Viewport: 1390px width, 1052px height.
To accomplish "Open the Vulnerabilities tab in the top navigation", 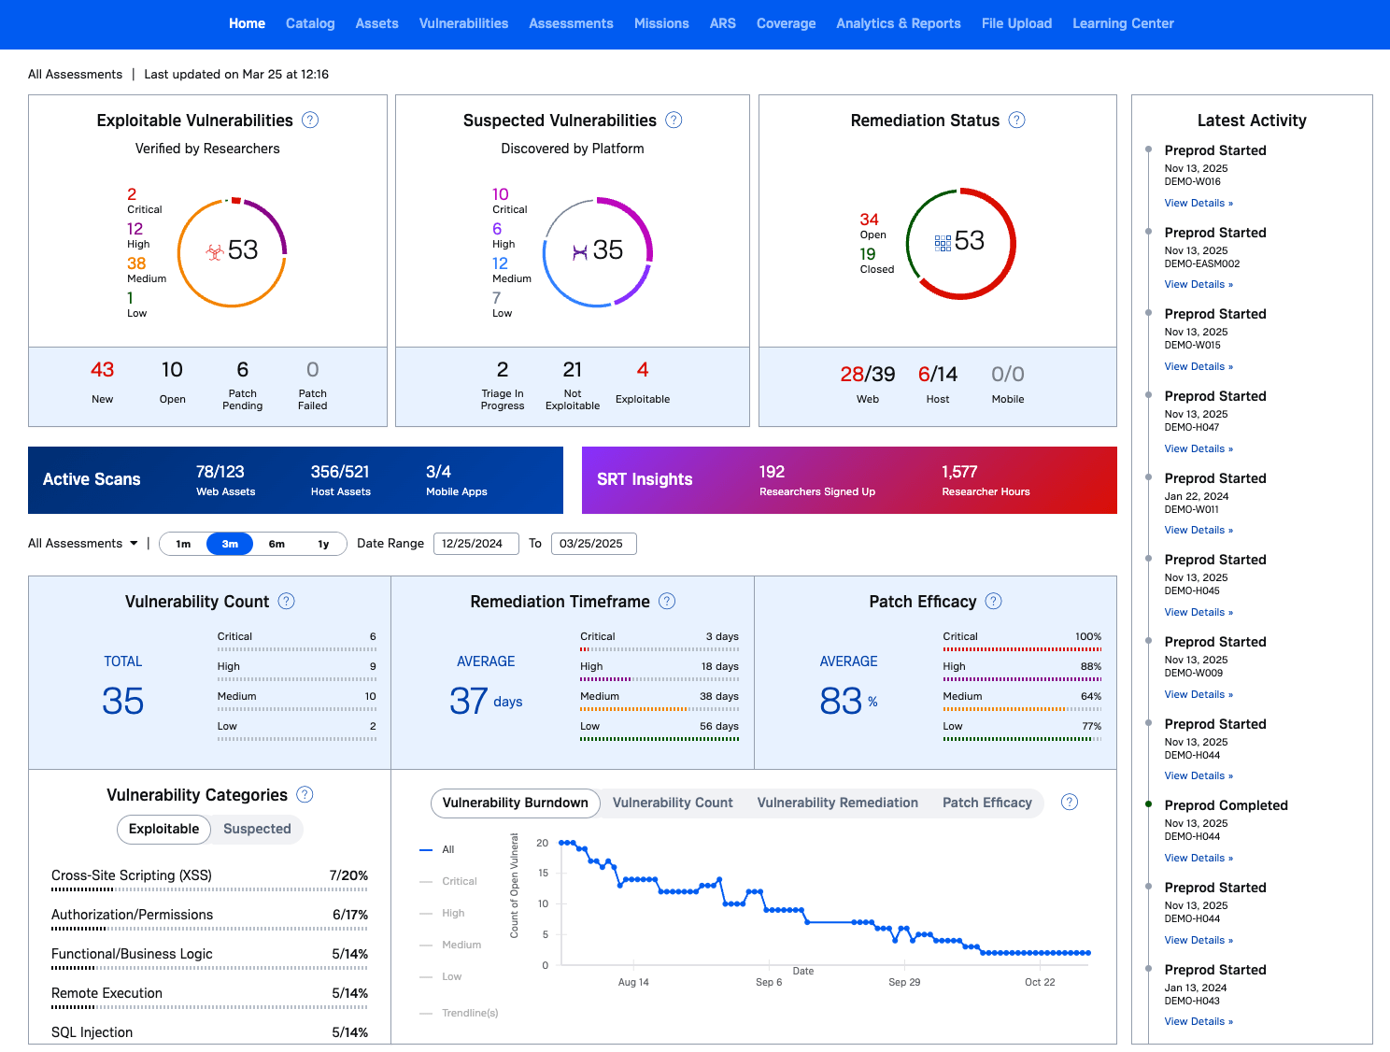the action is (x=463, y=23).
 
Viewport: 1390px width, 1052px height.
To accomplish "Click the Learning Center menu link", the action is (x=1123, y=23).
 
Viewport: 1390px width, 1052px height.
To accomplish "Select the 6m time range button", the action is (x=277, y=544).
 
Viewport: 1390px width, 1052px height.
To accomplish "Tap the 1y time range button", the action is (x=323, y=544).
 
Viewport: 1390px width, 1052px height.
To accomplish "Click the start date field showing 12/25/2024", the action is (x=476, y=544).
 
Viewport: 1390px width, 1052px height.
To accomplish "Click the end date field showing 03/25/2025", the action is (x=593, y=544).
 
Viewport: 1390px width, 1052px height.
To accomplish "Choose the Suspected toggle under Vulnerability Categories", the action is (x=257, y=829).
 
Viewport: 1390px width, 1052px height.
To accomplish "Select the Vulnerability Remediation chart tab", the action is (x=837, y=803).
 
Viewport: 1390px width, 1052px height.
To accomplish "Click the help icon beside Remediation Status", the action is (x=1016, y=120).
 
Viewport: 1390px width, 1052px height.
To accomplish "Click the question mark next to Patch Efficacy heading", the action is (x=994, y=601).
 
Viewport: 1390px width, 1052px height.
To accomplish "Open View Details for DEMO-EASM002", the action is (x=1199, y=284).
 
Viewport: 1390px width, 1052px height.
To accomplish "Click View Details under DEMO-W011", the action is (x=1199, y=530).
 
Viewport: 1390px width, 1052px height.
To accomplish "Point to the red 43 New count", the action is (x=102, y=369).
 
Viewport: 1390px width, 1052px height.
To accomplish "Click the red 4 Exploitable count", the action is (x=642, y=369).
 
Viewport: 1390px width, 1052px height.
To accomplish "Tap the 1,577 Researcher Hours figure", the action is (x=959, y=472).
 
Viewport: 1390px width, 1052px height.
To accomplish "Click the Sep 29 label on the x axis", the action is (x=904, y=982).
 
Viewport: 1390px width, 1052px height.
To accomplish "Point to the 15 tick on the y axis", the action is (x=543, y=873).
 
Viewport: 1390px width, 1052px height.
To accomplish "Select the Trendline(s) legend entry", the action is (x=470, y=1013).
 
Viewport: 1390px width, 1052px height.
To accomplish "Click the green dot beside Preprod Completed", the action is (x=1148, y=804).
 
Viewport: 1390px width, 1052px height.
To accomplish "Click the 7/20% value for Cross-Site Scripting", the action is (x=348, y=875).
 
